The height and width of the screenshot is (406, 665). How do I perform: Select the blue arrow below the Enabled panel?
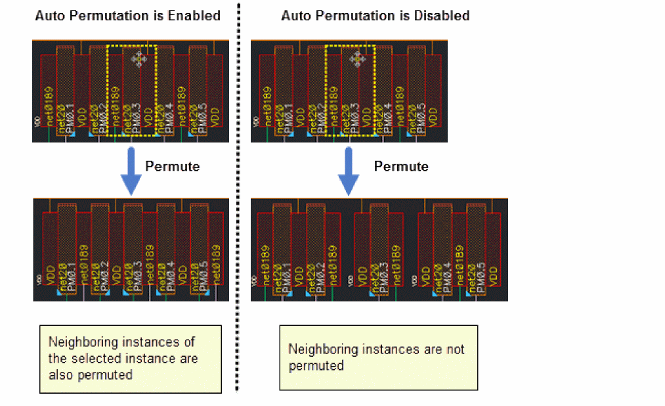pyautogui.click(x=131, y=171)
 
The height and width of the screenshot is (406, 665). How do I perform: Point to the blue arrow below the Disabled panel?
pyautogui.click(x=349, y=171)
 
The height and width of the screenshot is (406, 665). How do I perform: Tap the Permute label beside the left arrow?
pyautogui.click(x=172, y=166)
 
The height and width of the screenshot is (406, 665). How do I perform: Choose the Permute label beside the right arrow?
pyautogui.click(x=401, y=166)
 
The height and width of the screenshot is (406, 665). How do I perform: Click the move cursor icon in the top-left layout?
pyautogui.click(x=138, y=60)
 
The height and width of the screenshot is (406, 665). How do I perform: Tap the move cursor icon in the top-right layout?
pyautogui.click(x=357, y=60)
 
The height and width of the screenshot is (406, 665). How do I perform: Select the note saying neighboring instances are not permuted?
pyautogui.click(x=378, y=357)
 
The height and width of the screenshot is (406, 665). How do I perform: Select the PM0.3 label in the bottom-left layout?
pyautogui.click(x=137, y=276)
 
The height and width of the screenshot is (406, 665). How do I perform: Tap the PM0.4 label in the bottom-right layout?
pyautogui.click(x=446, y=276)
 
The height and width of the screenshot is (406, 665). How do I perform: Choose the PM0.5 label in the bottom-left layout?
pyautogui.click(x=203, y=276)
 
